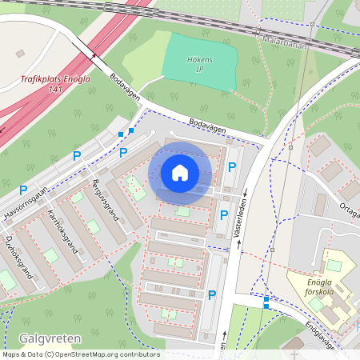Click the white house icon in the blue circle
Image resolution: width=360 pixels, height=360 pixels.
point(180,172)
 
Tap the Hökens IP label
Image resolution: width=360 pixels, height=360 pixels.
point(199,65)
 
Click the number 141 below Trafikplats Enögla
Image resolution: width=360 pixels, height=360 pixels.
point(55,90)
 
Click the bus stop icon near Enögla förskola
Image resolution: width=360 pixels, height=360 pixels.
point(266,302)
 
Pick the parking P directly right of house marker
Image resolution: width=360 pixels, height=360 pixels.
point(232,167)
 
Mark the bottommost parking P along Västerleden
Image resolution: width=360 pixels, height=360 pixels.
point(212,295)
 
